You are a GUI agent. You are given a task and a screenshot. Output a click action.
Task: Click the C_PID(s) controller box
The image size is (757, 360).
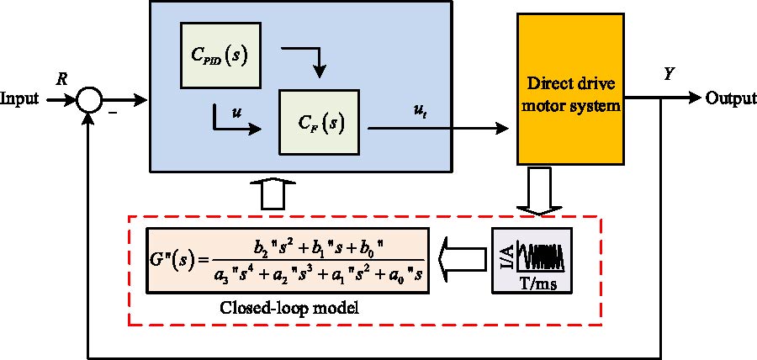click(220, 56)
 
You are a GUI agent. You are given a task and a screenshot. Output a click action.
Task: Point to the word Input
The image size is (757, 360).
click(21, 98)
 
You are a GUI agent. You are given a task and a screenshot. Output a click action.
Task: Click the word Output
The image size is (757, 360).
click(730, 98)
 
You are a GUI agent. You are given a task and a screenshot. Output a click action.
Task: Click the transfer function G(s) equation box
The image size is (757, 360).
click(287, 260)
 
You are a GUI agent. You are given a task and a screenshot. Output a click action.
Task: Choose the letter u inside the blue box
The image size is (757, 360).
click(220, 110)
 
